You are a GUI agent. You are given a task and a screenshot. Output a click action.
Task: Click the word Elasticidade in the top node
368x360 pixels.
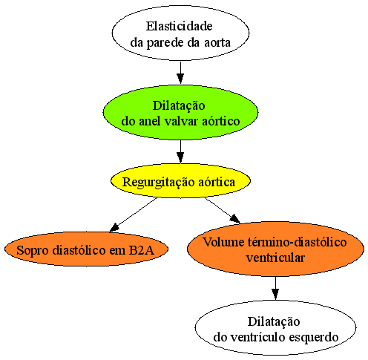click(179, 26)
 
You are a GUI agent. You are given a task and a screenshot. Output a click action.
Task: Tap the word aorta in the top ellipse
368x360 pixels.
click(217, 42)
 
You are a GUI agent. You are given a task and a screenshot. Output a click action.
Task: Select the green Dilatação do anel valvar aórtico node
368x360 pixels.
click(180, 113)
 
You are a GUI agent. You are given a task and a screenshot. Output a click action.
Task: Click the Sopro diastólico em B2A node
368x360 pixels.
click(86, 249)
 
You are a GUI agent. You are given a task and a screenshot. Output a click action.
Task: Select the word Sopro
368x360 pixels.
click(33, 251)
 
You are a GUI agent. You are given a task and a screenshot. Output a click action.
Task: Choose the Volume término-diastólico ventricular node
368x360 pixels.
click(275, 249)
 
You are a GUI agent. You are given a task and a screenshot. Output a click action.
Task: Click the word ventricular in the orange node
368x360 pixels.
click(275, 258)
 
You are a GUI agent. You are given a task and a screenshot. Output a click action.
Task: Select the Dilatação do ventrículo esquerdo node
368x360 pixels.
click(275, 328)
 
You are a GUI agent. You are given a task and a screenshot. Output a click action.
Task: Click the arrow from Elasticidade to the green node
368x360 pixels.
click(180, 73)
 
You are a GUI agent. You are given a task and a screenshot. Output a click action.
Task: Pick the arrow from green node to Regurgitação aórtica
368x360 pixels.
click(180, 151)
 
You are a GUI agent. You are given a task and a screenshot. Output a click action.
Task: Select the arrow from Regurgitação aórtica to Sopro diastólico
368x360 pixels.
click(134, 215)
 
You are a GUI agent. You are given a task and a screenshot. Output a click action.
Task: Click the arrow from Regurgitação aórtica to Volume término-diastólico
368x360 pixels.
click(222, 210)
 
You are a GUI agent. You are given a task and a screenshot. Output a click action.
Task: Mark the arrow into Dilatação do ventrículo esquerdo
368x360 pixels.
click(275, 288)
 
